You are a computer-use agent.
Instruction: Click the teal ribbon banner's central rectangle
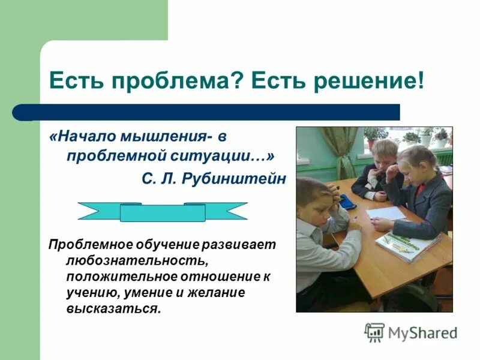point(163,212)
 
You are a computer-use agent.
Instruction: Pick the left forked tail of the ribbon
point(96,211)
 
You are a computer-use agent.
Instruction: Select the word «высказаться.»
point(114,309)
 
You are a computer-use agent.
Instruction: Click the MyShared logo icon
point(374,332)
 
